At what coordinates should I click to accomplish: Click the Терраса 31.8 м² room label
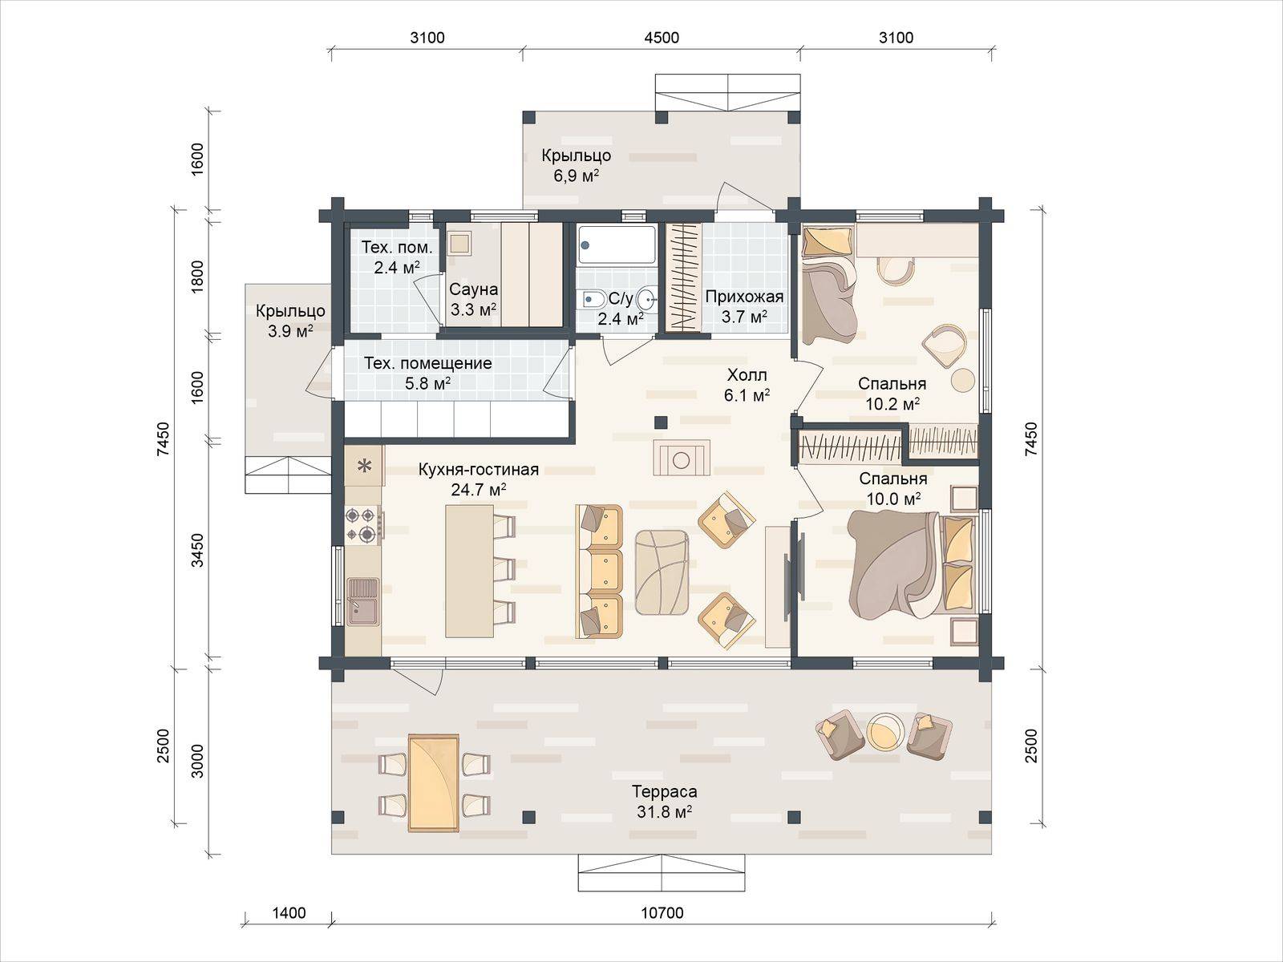(664, 802)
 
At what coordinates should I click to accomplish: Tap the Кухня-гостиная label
(478, 469)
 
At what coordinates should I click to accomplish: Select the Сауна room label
(473, 289)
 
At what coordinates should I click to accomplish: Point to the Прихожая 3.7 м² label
(744, 307)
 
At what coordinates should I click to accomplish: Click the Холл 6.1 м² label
(747, 385)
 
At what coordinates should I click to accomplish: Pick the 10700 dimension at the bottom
(662, 912)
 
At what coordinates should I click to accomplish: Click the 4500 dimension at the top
(662, 38)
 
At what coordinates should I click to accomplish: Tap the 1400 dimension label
(289, 912)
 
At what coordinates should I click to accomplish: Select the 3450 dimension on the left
(198, 550)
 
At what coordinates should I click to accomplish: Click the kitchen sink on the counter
(363, 601)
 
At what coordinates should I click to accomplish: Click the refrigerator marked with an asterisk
(364, 466)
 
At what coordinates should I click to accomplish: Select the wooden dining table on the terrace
(433, 782)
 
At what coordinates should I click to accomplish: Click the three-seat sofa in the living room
(598, 572)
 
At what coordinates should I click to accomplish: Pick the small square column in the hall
(661, 422)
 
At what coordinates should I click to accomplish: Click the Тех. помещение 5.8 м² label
(428, 374)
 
